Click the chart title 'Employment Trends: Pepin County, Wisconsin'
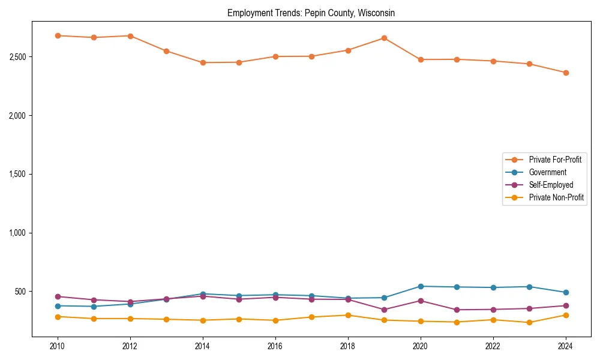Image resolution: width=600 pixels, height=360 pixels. (311, 13)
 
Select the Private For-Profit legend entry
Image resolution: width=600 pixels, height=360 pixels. (555, 160)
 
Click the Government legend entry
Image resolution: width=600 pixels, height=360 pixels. (547, 172)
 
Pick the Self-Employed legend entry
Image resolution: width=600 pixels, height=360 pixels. (551, 185)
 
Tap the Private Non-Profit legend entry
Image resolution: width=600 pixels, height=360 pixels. (556, 197)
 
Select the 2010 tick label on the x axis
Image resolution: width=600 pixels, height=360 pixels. (58, 346)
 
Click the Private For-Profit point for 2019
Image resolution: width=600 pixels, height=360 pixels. (384, 38)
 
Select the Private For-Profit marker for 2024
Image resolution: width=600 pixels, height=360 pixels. (566, 73)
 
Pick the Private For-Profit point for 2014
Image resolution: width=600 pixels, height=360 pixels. (203, 62)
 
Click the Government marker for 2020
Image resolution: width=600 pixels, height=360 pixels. (421, 286)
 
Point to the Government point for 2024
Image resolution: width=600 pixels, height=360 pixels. (566, 292)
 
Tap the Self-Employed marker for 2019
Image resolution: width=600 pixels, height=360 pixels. (384, 310)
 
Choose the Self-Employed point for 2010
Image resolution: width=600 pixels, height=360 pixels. (58, 296)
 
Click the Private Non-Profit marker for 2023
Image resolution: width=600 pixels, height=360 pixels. (529, 322)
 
